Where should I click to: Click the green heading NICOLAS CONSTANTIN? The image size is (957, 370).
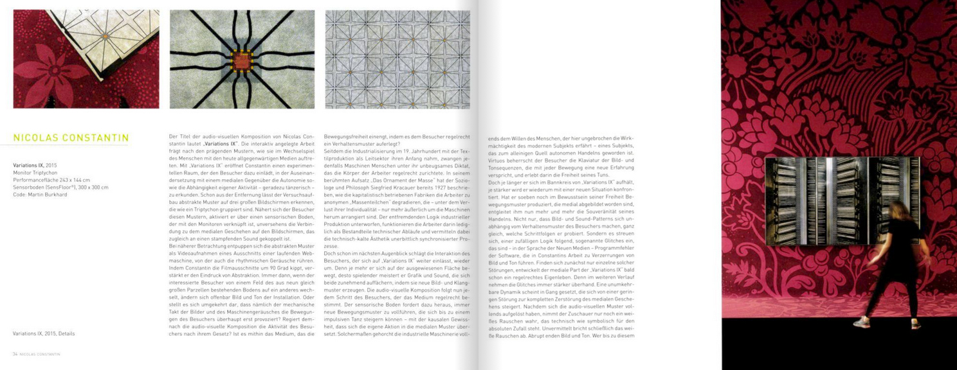tap(71, 138)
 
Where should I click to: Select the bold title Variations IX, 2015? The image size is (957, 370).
tap(35, 165)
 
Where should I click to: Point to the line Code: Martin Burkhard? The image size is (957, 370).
tap(40, 195)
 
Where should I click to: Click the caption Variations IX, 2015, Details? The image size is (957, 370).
tap(44, 333)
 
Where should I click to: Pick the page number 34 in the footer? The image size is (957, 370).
tap(15, 354)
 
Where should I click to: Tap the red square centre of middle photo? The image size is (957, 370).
tap(242, 61)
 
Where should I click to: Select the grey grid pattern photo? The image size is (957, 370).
tap(397, 59)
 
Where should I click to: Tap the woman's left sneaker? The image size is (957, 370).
tap(861, 322)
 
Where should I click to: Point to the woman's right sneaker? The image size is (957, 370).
tap(915, 324)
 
